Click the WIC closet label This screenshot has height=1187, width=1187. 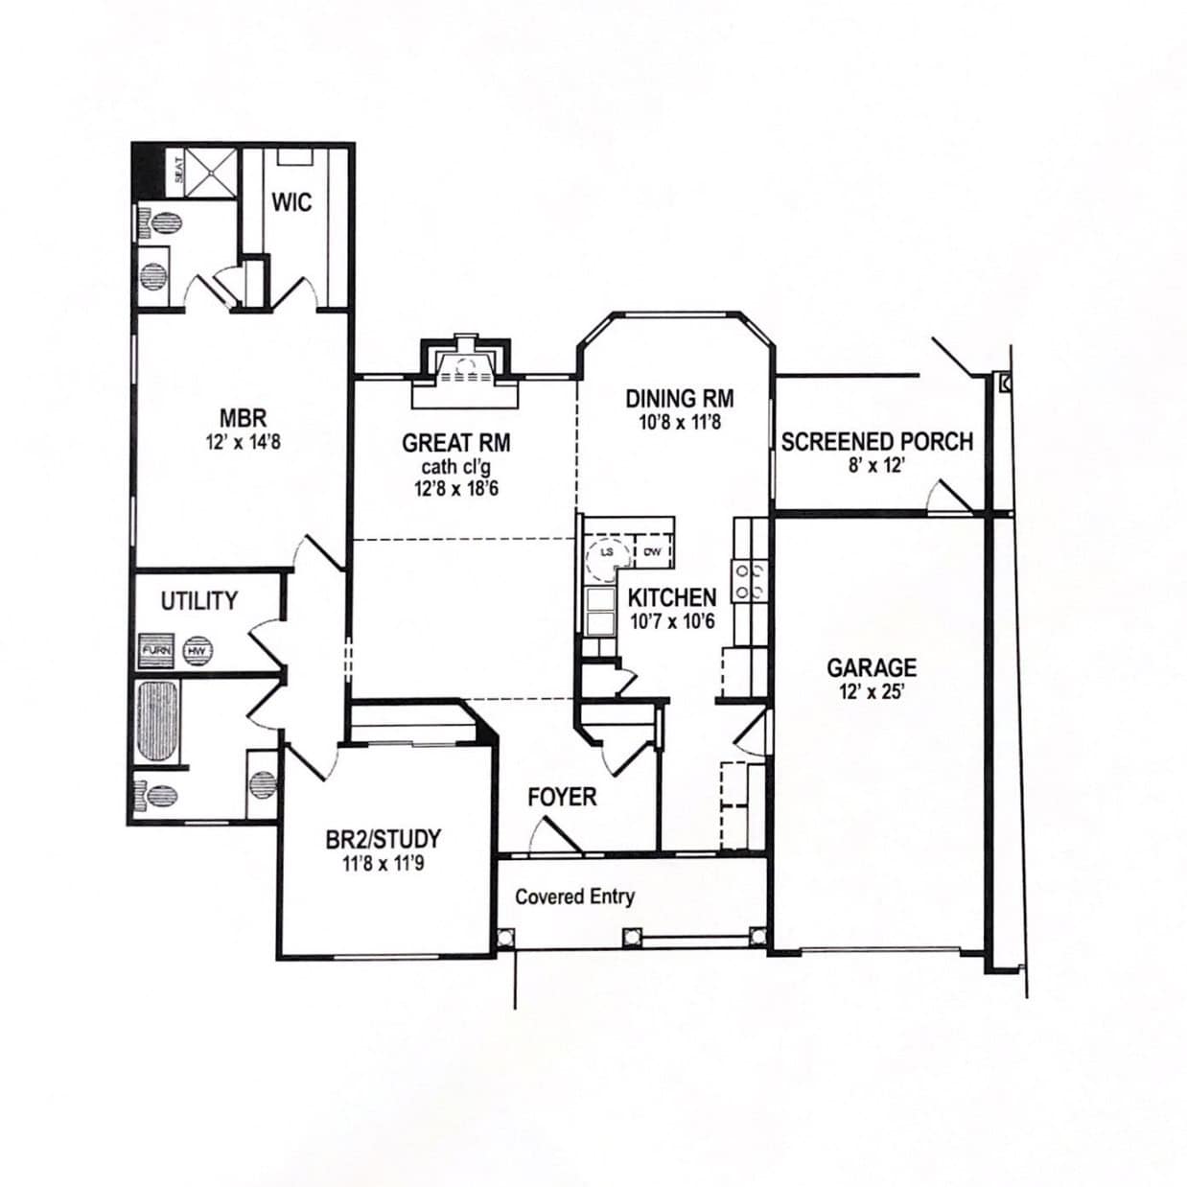(x=291, y=202)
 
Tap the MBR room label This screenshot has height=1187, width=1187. (x=243, y=418)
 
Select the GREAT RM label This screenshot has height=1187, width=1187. (x=455, y=443)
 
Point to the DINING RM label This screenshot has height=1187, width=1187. (x=680, y=398)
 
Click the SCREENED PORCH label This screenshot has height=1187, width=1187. (x=876, y=442)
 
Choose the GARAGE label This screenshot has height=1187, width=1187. (x=872, y=667)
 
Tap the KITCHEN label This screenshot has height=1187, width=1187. (x=671, y=597)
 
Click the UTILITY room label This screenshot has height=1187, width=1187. (x=198, y=601)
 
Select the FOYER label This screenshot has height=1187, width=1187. (x=562, y=797)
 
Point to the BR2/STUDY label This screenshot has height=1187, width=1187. (x=383, y=840)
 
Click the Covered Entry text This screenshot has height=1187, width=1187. (x=574, y=896)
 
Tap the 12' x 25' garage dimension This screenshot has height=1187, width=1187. (x=872, y=691)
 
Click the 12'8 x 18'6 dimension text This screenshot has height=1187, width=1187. (x=455, y=488)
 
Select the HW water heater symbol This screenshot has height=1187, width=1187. (x=198, y=650)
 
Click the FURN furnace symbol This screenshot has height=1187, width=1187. (x=156, y=650)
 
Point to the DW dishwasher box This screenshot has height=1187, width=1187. (x=652, y=551)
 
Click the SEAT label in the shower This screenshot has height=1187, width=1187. (x=178, y=171)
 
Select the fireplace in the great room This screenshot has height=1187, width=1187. (x=465, y=367)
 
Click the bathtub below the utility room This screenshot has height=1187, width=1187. (x=158, y=721)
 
